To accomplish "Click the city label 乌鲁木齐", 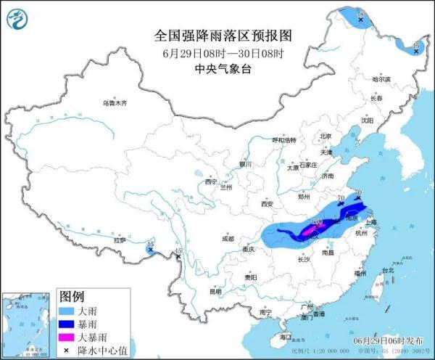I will tap(114, 104).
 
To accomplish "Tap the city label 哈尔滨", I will tap(381, 79).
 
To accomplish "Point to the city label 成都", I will tap(228, 238).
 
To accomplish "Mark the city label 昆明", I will tap(215, 292).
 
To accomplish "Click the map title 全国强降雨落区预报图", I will tap(223, 36).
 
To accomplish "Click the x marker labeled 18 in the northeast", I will tap(360, 21).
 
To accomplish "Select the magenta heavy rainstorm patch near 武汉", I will tap(309, 231).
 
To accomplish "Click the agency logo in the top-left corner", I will tap(20, 20).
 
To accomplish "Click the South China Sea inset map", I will tap(26, 324).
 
